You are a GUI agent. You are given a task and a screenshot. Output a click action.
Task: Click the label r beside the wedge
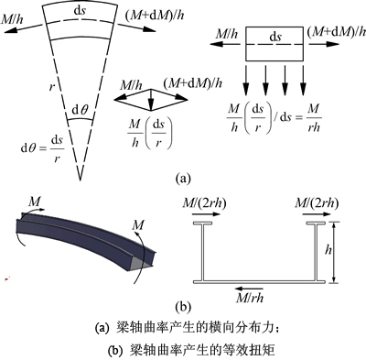click(x=51, y=87)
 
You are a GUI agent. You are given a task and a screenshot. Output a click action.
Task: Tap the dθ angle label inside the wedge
click(x=80, y=110)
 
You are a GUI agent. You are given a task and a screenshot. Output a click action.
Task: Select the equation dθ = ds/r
click(x=42, y=148)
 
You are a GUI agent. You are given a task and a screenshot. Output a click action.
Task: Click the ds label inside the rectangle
click(x=274, y=37)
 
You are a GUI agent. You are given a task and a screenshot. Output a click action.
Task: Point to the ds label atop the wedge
click(x=80, y=11)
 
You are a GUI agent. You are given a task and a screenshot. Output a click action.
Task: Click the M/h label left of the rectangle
click(x=227, y=33)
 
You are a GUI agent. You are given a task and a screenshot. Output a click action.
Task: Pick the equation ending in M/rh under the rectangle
click(x=274, y=118)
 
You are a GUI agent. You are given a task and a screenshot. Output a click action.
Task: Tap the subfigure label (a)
click(x=183, y=178)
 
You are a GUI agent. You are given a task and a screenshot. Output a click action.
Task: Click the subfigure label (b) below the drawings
click(x=183, y=306)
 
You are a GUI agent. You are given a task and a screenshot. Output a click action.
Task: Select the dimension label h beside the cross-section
click(x=328, y=250)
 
